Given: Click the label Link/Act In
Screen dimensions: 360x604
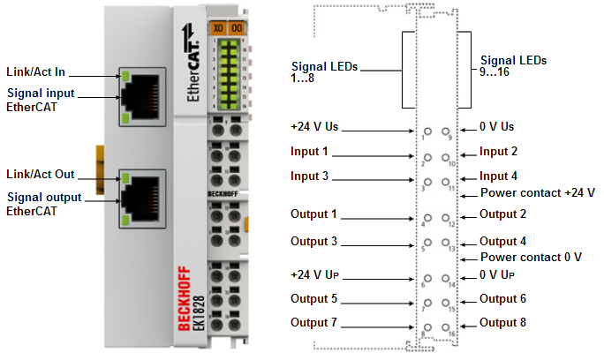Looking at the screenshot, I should (35, 71).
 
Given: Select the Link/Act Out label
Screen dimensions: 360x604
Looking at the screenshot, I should (40, 173).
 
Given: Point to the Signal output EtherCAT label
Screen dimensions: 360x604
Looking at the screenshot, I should (45, 204).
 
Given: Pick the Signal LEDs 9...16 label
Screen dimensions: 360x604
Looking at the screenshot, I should (513, 66).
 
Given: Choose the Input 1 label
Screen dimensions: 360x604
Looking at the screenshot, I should (309, 151).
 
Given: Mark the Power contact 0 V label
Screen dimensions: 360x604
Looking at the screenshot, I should (530, 257).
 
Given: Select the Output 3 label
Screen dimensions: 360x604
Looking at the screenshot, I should (313, 241).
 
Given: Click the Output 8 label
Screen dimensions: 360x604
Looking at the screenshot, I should (502, 322).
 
